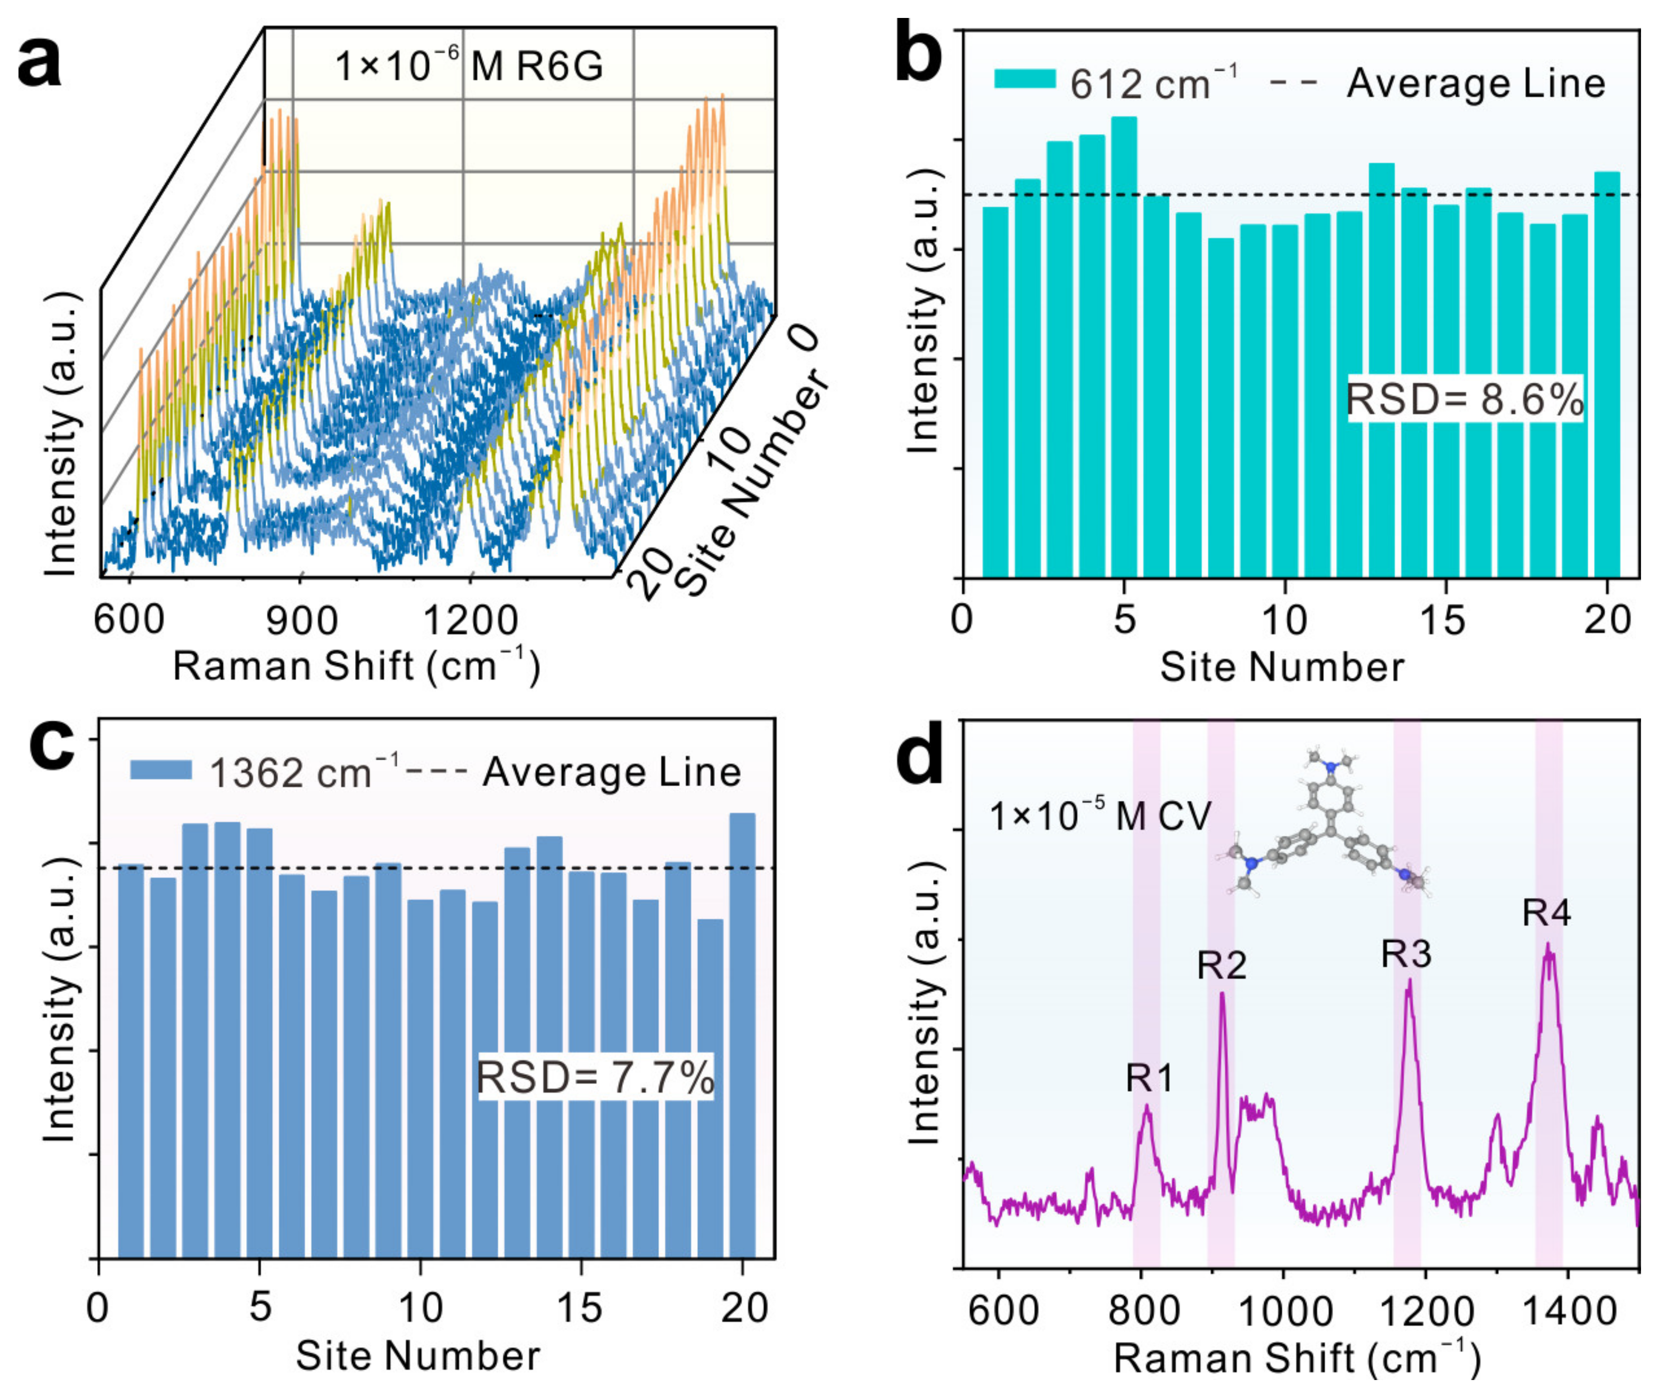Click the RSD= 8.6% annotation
click(1465, 399)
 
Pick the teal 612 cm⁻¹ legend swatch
click(1024, 79)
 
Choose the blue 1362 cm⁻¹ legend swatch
click(161, 770)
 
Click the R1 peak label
click(1149, 1078)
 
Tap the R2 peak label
click(1221, 965)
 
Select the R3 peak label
click(1406, 954)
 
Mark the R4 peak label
click(1546, 913)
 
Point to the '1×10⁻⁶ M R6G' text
click(468, 66)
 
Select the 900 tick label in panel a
click(301, 620)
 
